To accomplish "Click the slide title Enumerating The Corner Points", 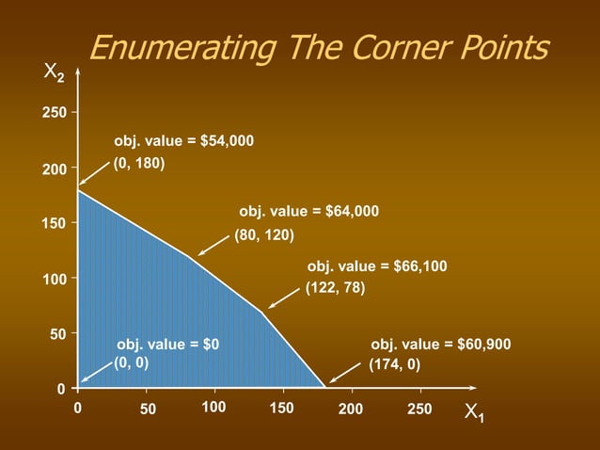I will click(x=318, y=47).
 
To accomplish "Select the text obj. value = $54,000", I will click(x=184, y=141).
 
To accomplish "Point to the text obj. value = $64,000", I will click(x=309, y=212).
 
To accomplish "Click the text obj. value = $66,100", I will click(x=377, y=267).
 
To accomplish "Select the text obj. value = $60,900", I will click(x=441, y=345).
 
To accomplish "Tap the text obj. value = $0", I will click(x=167, y=345).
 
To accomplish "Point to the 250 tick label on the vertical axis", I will click(x=53, y=113).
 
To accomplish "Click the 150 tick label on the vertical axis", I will click(x=53, y=224).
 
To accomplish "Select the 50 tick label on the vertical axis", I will click(x=56, y=334).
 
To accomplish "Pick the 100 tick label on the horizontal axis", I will click(x=214, y=408).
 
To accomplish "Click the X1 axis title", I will click(x=475, y=412).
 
